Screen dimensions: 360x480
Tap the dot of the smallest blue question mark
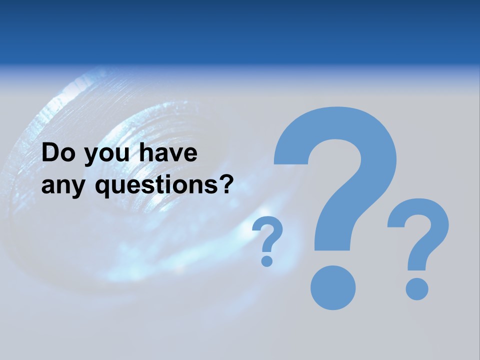click(x=267, y=260)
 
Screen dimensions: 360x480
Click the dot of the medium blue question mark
click(x=417, y=289)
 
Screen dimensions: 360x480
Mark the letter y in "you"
click(x=93, y=156)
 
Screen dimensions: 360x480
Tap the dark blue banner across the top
click(x=240, y=30)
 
